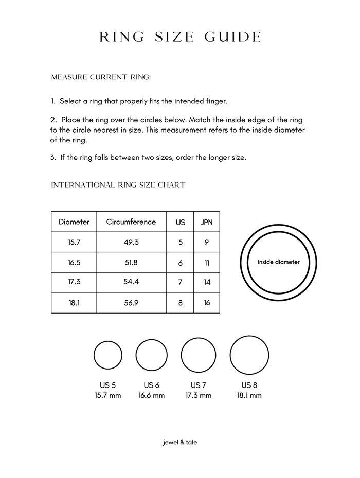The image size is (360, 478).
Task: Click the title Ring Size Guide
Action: click(x=180, y=37)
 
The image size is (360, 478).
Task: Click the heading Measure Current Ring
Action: click(x=101, y=77)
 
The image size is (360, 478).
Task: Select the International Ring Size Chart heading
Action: click(x=118, y=185)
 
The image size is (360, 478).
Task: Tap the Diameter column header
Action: click(x=74, y=222)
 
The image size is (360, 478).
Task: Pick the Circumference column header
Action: click(x=131, y=222)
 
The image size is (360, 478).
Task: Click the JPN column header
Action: click(x=207, y=223)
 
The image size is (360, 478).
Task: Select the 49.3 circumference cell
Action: click(x=131, y=242)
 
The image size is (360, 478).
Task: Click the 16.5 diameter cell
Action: click(x=74, y=263)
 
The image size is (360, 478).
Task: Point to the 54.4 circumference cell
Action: click(x=131, y=282)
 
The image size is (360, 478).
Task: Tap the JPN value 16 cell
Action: click(x=207, y=303)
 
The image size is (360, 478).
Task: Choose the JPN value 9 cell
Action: click(x=207, y=242)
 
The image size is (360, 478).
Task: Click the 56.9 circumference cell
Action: click(x=131, y=303)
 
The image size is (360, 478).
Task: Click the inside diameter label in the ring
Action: click(x=279, y=262)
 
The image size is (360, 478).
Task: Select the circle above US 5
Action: click(x=108, y=356)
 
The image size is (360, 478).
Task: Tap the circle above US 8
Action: click(x=249, y=355)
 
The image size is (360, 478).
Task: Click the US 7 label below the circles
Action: click(x=199, y=385)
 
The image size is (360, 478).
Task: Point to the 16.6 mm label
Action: click(x=151, y=396)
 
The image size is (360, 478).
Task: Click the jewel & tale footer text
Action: click(x=180, y=442)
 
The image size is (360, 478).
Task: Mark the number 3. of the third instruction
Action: click(x=53, y=157)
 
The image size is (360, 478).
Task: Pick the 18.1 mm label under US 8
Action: click(x=249, y=396)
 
